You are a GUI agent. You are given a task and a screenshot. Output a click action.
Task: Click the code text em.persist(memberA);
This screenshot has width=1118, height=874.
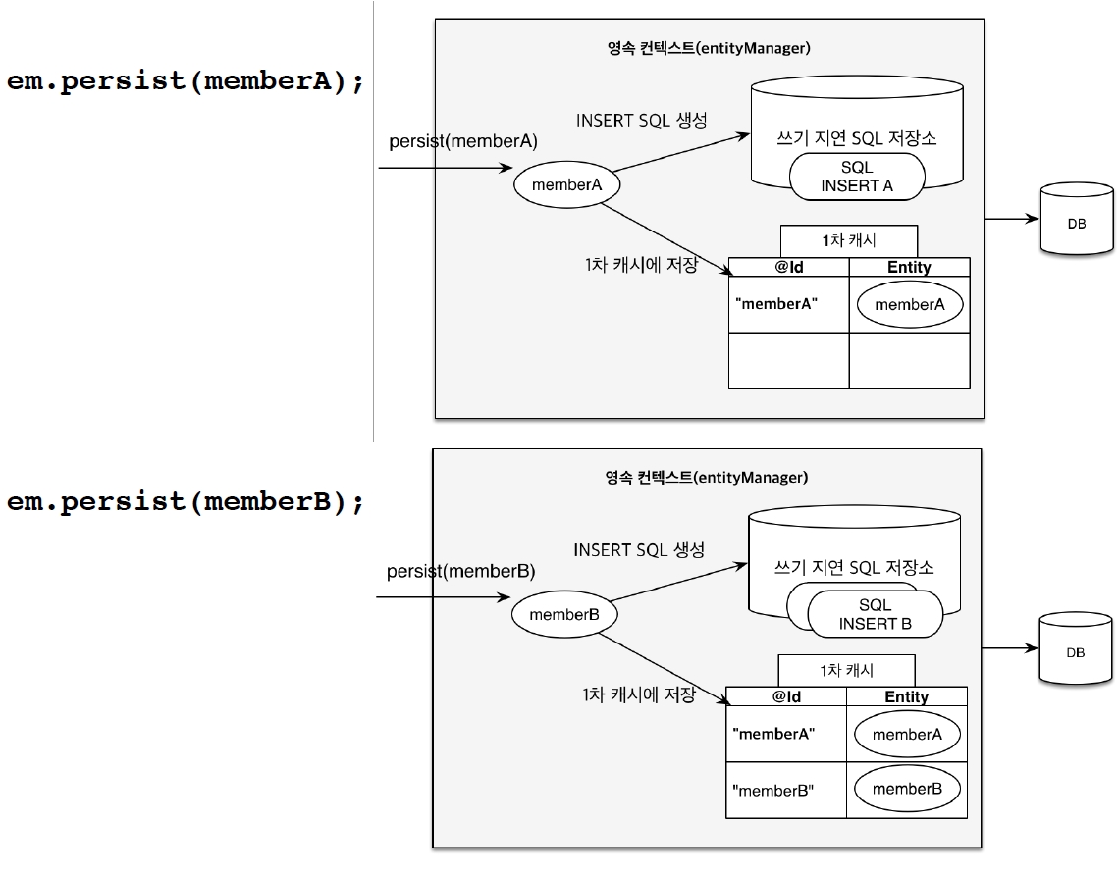coord(186,81)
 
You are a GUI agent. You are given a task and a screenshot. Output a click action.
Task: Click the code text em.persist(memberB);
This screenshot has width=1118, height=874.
coord(186,502)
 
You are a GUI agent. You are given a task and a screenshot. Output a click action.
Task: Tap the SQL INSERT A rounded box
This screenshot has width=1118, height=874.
coord(857,177)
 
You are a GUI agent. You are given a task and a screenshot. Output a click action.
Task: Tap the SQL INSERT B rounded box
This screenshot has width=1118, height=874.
coord(875,615)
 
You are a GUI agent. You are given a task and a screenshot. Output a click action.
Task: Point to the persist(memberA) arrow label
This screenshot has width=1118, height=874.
coord(463,141)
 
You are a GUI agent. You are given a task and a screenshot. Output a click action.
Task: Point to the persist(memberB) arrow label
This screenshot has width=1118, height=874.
coord(461,571)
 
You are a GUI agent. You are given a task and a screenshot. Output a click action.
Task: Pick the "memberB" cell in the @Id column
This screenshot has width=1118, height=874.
coord(773,790)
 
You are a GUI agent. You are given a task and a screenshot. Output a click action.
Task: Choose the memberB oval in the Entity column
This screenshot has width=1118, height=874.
coord(906,789)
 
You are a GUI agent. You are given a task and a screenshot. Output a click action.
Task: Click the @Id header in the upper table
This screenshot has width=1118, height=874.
coord(789,267)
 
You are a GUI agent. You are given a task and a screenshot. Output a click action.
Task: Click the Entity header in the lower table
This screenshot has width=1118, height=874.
coord(906,696)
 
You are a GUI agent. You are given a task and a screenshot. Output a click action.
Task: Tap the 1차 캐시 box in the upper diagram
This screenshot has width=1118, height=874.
coord(849,240)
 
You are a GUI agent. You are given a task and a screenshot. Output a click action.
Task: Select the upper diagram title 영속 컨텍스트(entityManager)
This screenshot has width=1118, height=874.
coord(709,47)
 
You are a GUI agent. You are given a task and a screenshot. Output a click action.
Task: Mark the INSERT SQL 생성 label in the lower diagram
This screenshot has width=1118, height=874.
coord(639,550)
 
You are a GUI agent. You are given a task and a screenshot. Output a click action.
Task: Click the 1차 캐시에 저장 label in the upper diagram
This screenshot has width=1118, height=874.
coord(639,265)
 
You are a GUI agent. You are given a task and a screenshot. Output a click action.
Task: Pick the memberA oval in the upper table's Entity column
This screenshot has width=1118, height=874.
coord(909,304)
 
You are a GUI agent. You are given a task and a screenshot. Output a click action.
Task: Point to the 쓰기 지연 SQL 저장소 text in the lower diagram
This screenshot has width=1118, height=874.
coord(853,568)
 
